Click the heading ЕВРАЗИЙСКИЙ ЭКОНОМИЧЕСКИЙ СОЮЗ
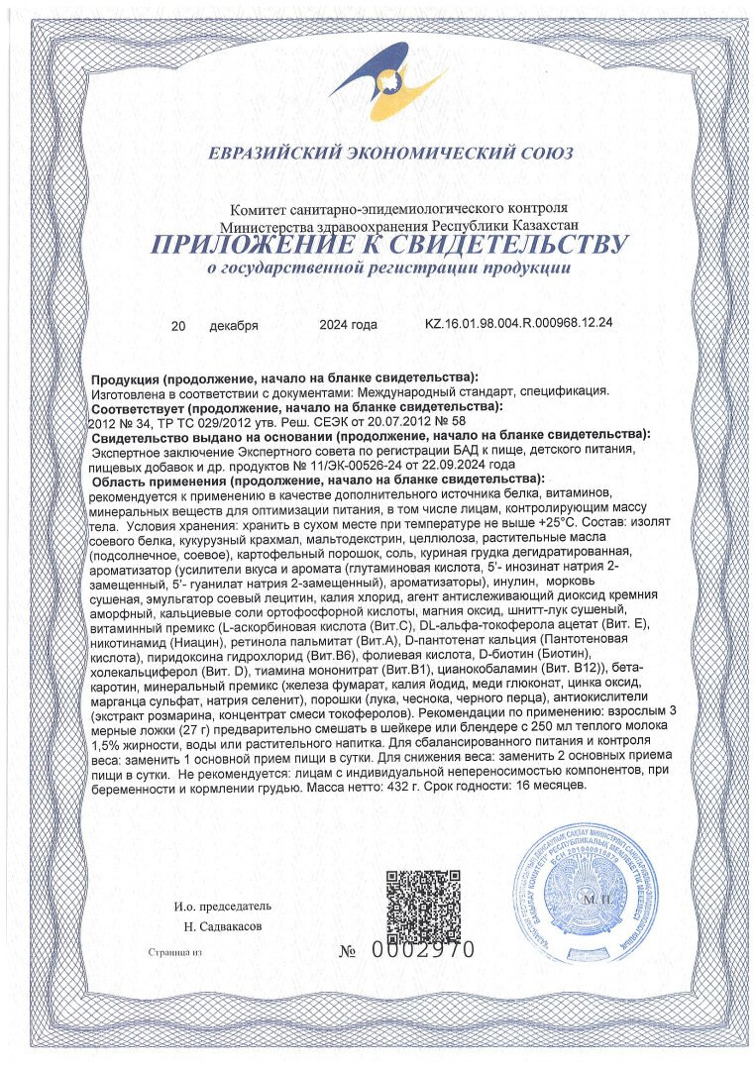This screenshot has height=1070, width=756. [x=390, y=154]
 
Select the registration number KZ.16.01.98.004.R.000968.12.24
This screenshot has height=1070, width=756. [x=518, y=324]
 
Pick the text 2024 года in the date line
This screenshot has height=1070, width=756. [x=348, y=324]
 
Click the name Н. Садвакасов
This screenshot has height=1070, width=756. [x=223, y=926]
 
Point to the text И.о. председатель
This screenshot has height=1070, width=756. [x=222, y=906]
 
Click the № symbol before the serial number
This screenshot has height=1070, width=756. [x=348, y=951]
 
